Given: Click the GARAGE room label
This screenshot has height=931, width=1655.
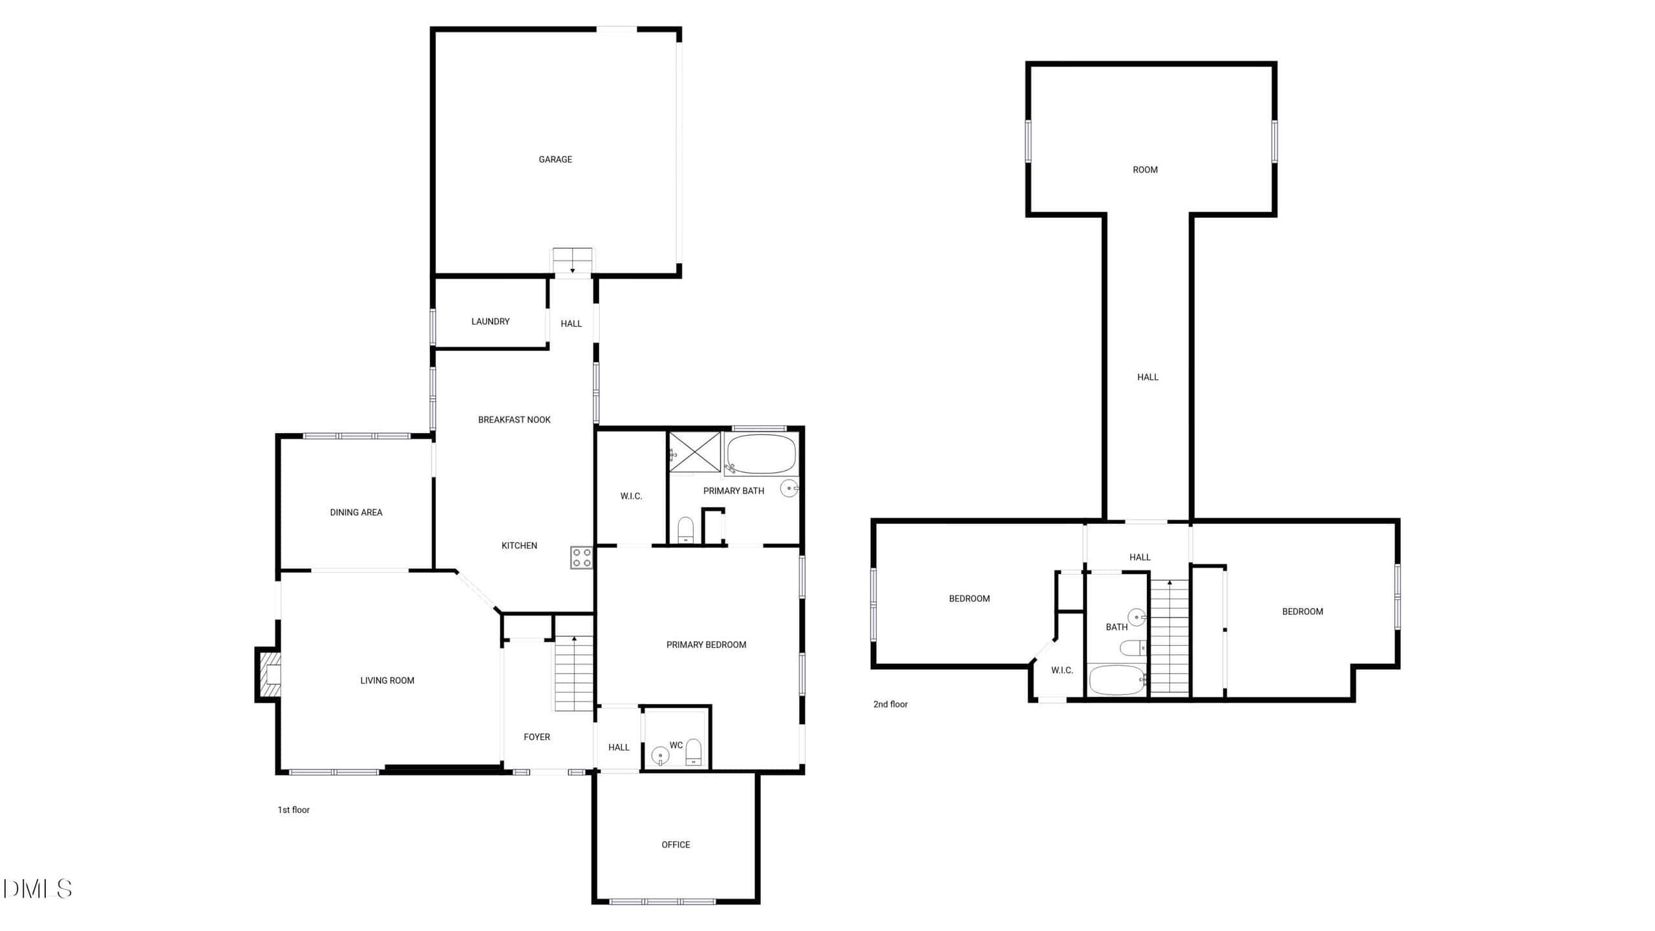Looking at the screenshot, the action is tap(555, 159).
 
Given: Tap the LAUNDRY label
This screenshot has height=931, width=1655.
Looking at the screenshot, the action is tap(490, 321).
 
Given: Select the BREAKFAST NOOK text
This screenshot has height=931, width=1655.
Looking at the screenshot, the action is tap(514, 420).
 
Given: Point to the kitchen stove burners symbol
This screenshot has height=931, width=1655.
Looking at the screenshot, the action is tap(581, 558).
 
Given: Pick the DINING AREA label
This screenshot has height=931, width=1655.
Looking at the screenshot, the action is tap(356, 512).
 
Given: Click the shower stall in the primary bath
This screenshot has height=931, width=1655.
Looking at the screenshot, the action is tap(694, 452).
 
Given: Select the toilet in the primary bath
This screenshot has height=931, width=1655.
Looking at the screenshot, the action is tap(685, 530).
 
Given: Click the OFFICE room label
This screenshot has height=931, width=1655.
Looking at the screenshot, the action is tap(676, 844).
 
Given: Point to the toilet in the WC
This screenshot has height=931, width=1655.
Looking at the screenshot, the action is tap(693, 752).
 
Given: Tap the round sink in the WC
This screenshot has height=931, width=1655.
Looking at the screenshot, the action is tap(660, 755).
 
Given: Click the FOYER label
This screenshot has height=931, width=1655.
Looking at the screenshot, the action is tap(537, 736).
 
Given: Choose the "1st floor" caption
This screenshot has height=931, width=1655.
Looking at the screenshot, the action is tap(294, 809).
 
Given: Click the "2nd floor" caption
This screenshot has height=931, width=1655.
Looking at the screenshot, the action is tap(890, 704).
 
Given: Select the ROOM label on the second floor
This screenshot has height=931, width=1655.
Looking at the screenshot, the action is tap(1145, 169).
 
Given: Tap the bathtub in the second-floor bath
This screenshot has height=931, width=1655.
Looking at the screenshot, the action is tap(1117, 680).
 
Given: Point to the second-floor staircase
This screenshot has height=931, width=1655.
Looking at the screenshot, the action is tap(1169, 637).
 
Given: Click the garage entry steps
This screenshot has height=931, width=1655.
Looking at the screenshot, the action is tap(572, 261).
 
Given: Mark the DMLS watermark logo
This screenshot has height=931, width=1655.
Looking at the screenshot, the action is tap(37, 888).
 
